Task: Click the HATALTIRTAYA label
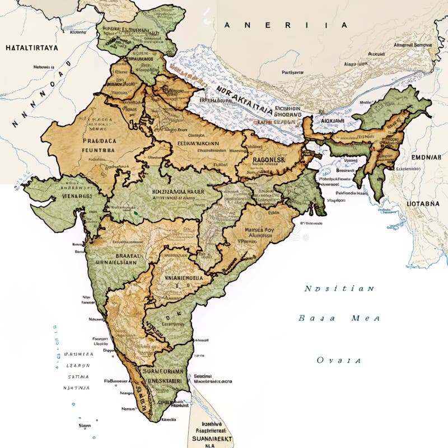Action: coord(31,48)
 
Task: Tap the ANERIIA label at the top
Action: coord(286,25)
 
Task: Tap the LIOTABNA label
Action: coord(423,204)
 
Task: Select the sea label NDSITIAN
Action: coord(339,289)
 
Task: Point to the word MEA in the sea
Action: coord(365,318)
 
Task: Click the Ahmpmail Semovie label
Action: coord(413,45)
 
